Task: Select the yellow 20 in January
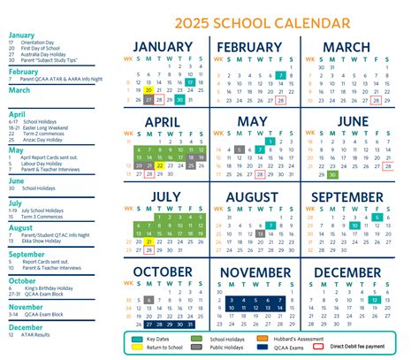point(149,89)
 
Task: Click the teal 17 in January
point(190,80)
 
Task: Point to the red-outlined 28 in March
point(375,100)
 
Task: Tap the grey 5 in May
point(239,150)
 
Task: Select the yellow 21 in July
point(149,241)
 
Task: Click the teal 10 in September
point(354,226)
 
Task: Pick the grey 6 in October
point(149,301)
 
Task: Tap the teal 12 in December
point(375,301)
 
